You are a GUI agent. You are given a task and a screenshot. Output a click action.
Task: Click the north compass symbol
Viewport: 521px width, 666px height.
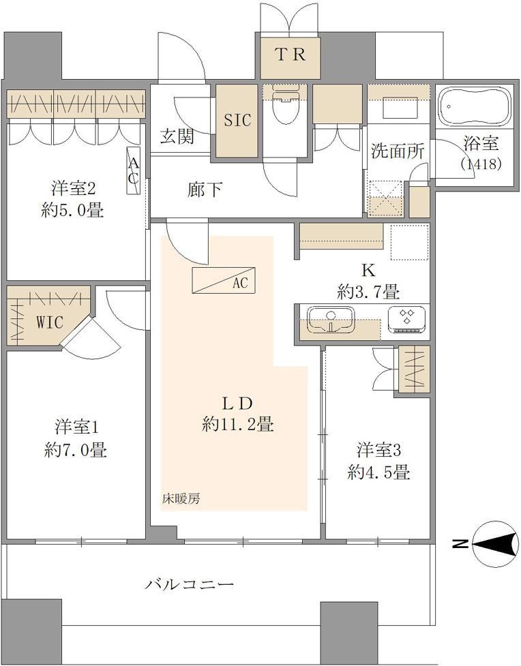[495, 544]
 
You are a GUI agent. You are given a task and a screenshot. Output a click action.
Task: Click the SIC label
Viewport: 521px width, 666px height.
[237, 120]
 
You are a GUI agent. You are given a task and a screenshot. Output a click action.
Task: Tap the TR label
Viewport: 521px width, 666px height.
[291, 55]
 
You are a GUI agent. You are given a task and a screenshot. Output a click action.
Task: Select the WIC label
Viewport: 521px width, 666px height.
[50, 322]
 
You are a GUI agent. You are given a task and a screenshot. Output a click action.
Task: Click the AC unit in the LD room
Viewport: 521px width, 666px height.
[224, 280]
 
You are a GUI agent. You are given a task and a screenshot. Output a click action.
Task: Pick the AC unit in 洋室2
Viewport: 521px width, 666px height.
[134, 170]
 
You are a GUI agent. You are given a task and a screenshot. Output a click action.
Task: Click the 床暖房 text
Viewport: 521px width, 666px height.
[181, 499]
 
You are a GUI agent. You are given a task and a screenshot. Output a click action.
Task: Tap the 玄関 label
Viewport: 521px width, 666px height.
[177, 136]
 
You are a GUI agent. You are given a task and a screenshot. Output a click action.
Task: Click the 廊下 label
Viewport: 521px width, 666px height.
[205, 190]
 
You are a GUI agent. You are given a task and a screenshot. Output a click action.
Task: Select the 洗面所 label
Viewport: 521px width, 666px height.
[398, 151]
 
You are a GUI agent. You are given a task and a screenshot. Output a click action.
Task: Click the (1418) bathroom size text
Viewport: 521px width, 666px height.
[481, 164]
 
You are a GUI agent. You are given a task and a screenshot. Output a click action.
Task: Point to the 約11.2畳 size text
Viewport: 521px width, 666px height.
[238, 424]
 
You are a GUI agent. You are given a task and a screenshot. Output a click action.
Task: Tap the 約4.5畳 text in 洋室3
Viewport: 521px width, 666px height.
[378, 472]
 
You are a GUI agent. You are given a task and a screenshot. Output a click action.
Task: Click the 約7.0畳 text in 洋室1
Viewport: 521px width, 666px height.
[75, 450]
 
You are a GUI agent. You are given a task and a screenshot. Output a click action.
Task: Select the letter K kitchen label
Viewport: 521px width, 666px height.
[368, 270]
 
